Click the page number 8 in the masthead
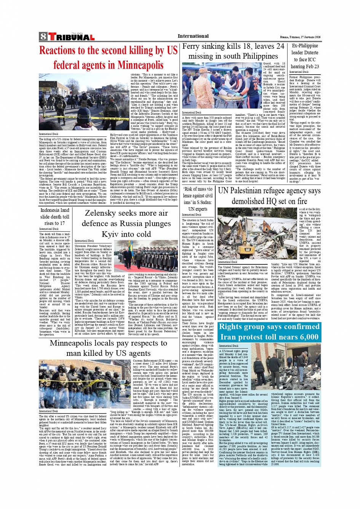tap(43, 37)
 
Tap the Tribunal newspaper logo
tap(71, 37)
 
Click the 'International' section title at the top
tap(193, 36)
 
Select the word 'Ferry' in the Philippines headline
tap(192, 46)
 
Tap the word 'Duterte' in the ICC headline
tap(311, 53)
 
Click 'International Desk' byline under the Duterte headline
tap(299, 72)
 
